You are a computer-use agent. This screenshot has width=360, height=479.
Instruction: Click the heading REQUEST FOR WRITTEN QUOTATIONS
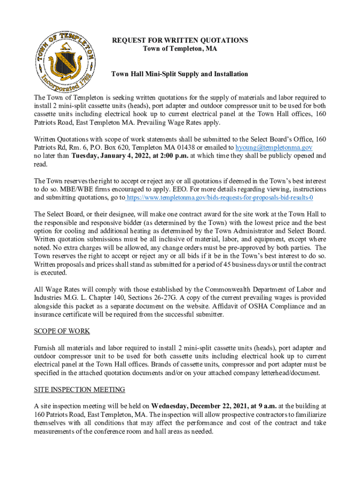(180, 41)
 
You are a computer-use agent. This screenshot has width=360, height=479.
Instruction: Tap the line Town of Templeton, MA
(180, 49)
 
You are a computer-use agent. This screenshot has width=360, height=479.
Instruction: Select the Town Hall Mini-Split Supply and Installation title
(180, 74)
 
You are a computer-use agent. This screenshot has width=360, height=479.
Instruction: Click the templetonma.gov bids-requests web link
(223, 198)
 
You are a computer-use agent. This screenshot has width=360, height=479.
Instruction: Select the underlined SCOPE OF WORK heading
(62, 331)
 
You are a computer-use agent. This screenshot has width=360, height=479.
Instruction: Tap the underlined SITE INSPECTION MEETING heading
(79, 389)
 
